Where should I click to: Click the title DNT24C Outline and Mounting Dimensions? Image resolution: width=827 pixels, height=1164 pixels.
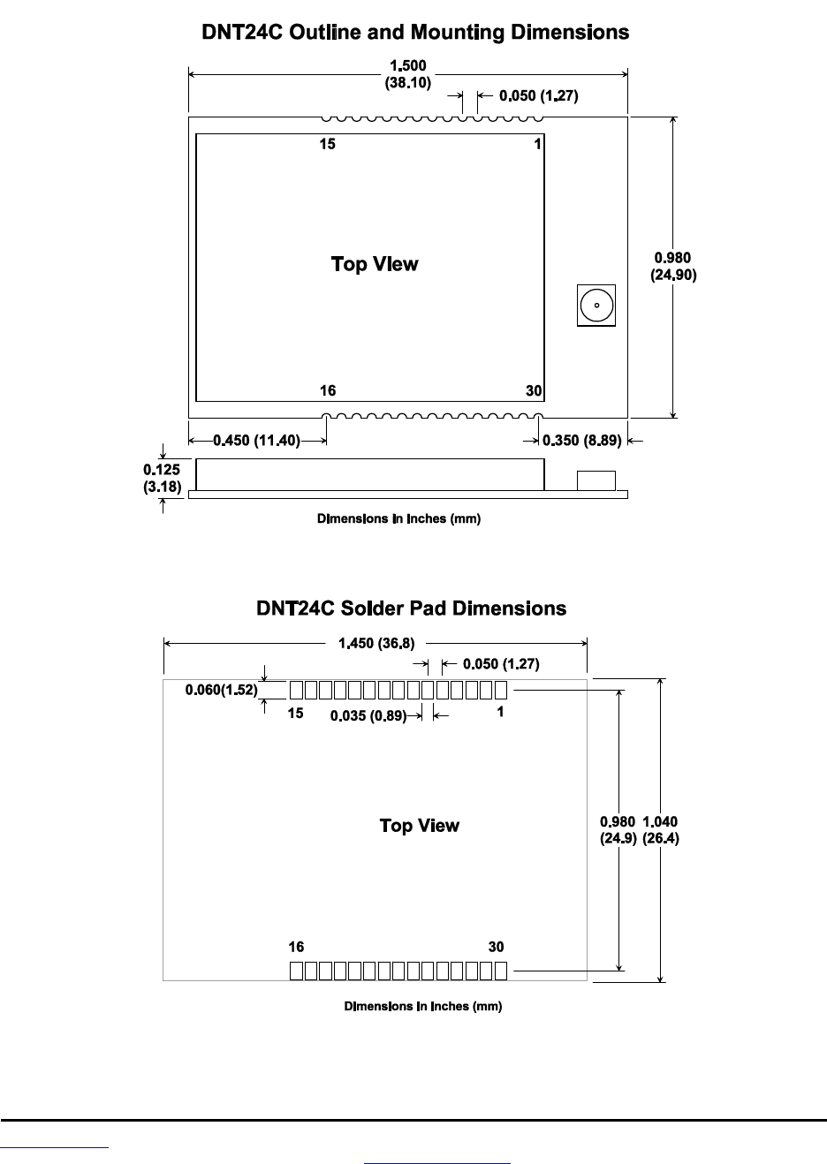[415, 34]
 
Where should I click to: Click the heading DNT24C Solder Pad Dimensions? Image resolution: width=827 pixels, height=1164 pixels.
[412, 608]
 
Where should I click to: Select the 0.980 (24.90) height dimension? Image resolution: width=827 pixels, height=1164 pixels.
[674, 266]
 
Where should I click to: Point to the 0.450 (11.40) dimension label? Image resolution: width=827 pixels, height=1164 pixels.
[256, 441]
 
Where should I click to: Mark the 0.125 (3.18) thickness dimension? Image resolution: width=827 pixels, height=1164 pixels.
[162, 479]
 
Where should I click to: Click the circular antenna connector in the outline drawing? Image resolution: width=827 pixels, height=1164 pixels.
[596, 306]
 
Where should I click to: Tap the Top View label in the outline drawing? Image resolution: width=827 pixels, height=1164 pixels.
[375, 264]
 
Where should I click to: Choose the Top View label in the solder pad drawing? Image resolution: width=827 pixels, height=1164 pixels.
[420, 826]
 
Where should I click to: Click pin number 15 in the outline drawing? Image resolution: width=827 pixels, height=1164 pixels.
[328, 144]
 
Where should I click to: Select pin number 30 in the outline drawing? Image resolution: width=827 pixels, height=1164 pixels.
[534, 391]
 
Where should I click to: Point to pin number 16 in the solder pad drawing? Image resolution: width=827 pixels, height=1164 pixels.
[296, 947]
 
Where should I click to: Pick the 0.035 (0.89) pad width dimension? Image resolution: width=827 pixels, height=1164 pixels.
[368, 716]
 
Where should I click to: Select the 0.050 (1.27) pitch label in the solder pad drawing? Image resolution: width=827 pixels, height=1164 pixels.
[501, 664]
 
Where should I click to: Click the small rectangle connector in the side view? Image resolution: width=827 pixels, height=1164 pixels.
[596, 480]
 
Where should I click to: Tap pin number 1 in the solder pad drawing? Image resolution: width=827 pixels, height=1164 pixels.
[500, 712]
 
